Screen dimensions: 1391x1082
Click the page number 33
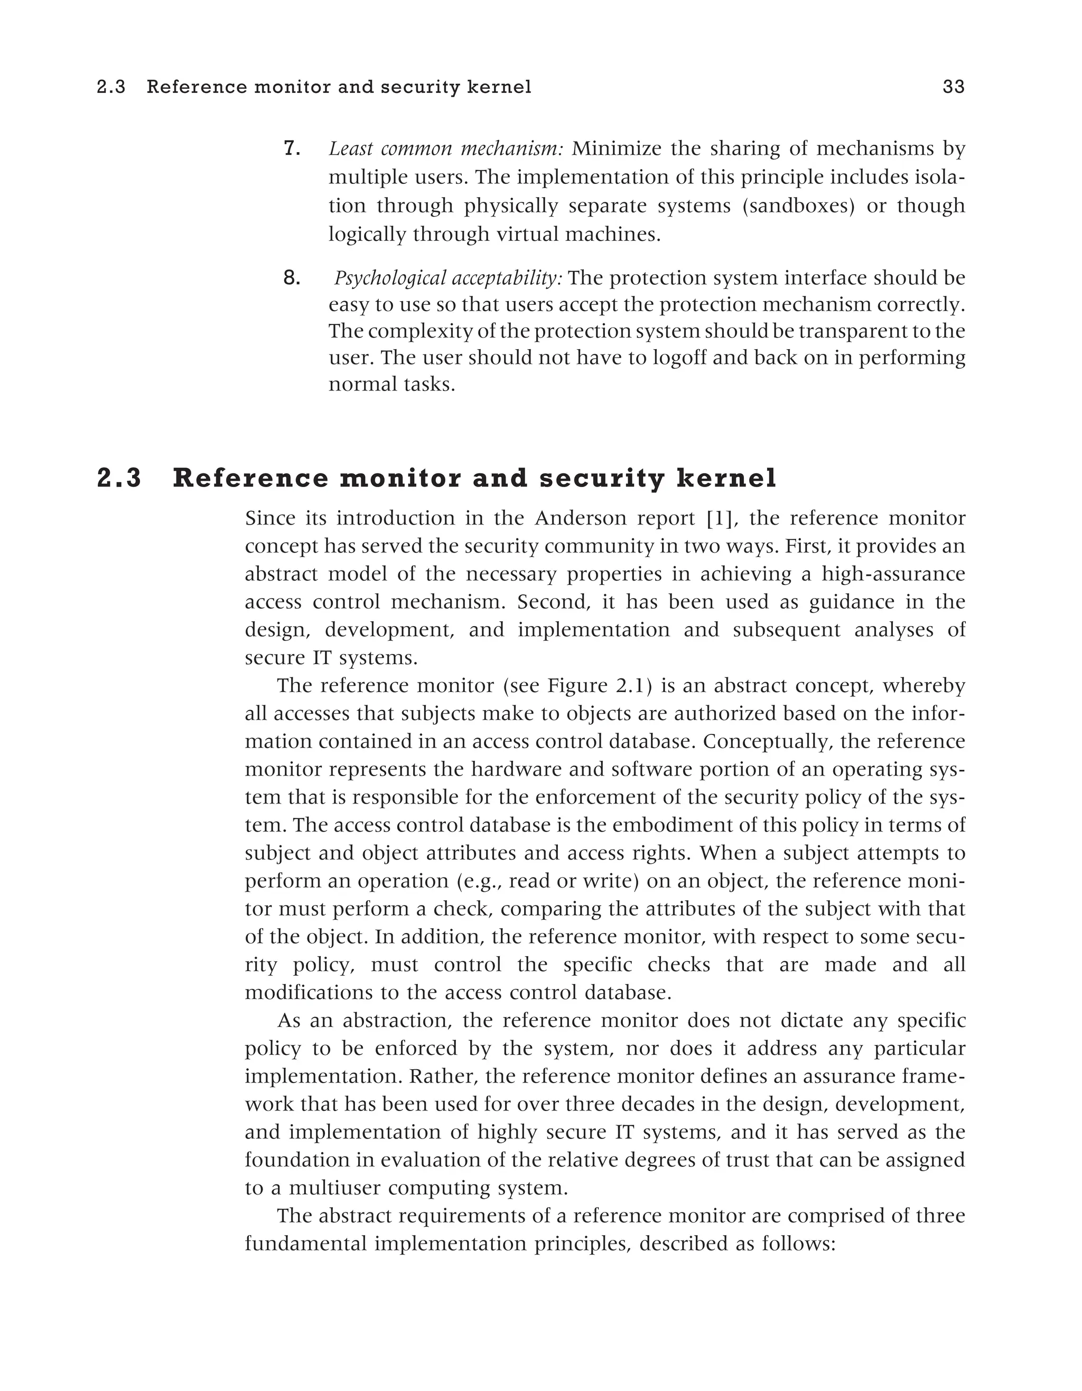click(x=954, y=87)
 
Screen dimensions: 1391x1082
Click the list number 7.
click(x=291, y=149)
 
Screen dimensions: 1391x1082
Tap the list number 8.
click(x=291, y=278)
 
